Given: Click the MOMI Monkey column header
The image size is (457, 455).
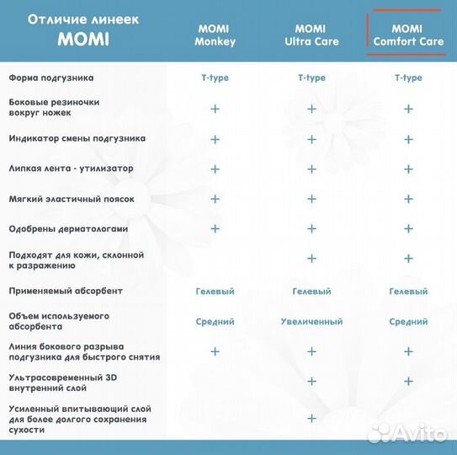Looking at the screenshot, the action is [215, 35].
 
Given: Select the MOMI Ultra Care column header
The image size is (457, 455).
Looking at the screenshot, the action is [311, 35].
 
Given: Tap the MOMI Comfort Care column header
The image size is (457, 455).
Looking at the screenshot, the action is [408, 35].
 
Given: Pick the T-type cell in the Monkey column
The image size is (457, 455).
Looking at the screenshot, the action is [215, 78].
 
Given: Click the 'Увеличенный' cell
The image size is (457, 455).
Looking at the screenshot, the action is [311, 321].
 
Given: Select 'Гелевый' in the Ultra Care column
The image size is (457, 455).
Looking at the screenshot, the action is [311, 291].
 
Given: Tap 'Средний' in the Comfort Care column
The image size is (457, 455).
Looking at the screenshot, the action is [408, 321].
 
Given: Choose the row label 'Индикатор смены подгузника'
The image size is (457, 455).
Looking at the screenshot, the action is [77, 138].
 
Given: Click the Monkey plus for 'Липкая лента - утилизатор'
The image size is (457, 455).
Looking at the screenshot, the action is [215, 169].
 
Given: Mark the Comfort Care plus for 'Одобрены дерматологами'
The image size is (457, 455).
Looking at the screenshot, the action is [408, 228].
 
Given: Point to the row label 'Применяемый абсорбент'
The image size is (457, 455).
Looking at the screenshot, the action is [66, 291].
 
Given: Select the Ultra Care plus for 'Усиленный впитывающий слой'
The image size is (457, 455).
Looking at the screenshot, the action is [311, 419].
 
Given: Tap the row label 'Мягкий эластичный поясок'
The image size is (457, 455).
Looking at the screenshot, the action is [71, 199].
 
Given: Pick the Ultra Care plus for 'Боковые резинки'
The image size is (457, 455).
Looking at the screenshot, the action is [311, 109].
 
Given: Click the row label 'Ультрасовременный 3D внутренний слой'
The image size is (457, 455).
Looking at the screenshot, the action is [63, 383].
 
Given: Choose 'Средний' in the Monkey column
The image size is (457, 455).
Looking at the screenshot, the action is [215, 321].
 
